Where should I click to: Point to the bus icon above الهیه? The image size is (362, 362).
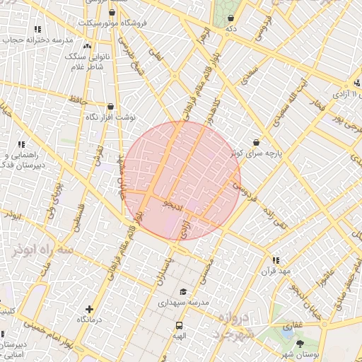click(179, 327)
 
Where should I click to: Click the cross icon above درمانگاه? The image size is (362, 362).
click(88, 309)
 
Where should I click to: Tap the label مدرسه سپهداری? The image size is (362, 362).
click(183, 302)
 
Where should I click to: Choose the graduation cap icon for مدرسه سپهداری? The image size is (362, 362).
click(183, 291)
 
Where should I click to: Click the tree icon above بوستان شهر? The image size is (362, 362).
click(300, 344)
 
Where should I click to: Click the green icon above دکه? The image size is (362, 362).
click(230, 18)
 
